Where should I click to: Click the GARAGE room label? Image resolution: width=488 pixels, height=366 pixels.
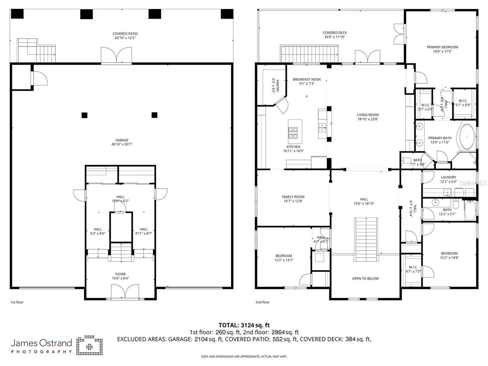122,140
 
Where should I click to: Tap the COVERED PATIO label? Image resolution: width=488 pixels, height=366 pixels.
125,34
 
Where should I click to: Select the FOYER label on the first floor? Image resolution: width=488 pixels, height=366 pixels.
120,274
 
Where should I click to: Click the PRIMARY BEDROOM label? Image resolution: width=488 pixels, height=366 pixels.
442,47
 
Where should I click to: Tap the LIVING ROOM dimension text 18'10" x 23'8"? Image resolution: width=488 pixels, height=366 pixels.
368,119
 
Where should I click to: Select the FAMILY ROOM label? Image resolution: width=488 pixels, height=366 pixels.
293,197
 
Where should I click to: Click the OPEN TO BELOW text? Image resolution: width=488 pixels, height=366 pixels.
365,278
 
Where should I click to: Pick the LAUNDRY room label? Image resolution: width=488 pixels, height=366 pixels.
448,177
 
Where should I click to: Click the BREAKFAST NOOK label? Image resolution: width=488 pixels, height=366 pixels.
307,79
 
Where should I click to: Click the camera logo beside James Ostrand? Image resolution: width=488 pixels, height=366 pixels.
89,345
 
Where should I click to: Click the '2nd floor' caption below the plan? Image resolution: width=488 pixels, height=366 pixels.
262,302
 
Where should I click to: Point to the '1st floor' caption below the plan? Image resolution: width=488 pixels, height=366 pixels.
17,302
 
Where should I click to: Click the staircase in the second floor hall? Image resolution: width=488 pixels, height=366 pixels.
366,236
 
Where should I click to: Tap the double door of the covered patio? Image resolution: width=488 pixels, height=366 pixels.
117,56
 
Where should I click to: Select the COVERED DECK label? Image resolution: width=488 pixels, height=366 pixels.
335,33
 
